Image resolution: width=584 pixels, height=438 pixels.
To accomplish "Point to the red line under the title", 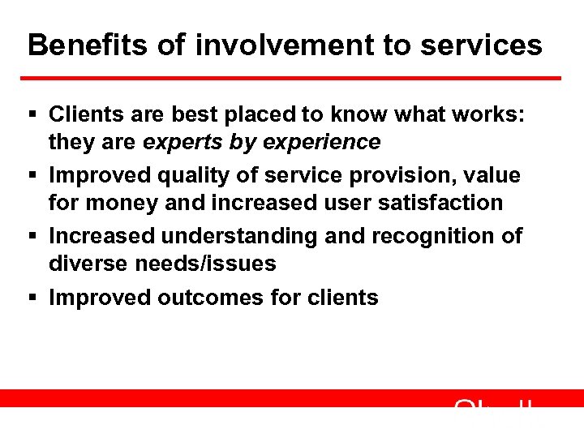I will pos(291,79).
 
